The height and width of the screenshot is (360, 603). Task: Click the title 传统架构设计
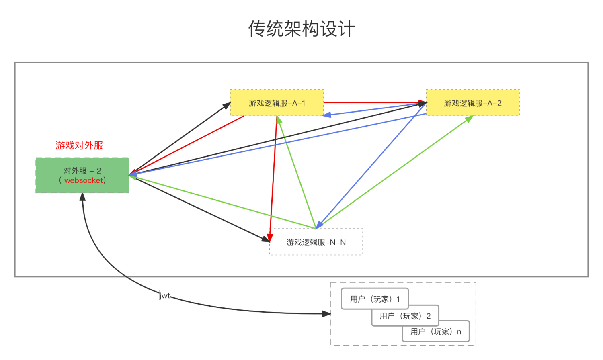[301, 29]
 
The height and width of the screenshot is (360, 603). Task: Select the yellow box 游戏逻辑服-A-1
[277, 103]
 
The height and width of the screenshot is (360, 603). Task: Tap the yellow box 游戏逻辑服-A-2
[472, 103]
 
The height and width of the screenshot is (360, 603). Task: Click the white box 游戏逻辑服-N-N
[316, 242]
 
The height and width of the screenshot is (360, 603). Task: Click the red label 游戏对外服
[79, 145]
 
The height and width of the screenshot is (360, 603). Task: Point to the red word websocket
[84, 180]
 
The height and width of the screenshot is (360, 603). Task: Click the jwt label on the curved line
[165, 296]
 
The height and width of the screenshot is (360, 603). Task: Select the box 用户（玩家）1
[375, 299]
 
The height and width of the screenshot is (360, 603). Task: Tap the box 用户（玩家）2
[405, 316]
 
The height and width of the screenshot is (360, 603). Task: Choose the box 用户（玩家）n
[436, 331]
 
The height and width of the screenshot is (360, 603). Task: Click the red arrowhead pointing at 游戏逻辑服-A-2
[422, 103]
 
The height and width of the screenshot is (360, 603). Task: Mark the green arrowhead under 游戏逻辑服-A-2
[469, 119]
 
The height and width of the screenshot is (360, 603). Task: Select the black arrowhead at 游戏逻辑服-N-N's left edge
[265, 239]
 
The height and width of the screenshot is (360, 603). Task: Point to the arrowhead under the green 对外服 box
[82, 197]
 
